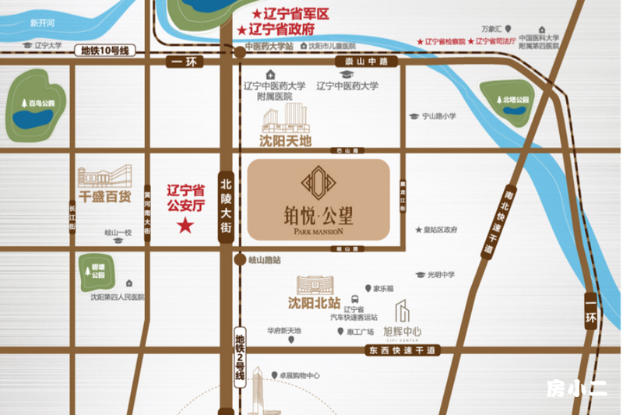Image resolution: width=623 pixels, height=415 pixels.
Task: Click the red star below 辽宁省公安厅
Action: [x=185, y=227]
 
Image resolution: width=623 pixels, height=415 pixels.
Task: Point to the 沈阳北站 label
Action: [x=315, y=302]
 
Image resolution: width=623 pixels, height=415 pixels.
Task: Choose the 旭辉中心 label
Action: [x=403, y=332]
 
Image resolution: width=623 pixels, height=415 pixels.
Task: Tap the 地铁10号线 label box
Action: [x=107, y=51]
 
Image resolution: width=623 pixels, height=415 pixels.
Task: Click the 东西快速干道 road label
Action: [x=400, y=351]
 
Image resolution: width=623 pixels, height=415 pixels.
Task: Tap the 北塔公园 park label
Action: [x=515, y=100]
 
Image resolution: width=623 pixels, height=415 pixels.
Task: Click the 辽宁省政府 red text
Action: [x=281, y=29]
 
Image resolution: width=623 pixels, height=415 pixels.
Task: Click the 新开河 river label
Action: [x=43, y=23]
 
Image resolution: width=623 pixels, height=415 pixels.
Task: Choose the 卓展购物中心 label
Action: [x=295, y=375]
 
